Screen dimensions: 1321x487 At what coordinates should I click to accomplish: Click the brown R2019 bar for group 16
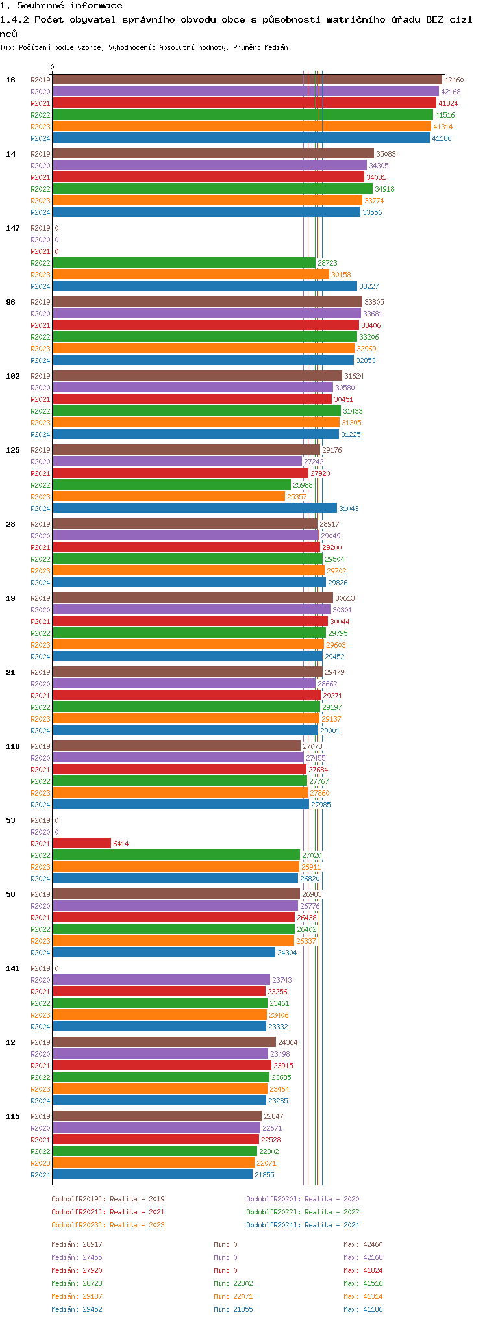[247, 80]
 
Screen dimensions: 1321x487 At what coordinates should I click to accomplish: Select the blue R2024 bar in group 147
[205, 286]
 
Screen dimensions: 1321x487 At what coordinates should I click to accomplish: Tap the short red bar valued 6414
[82, 844]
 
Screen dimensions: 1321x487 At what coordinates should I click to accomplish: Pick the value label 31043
[349, 509]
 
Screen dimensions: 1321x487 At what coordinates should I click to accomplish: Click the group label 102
[13, 376]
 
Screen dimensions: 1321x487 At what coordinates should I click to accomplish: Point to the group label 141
[13, 968]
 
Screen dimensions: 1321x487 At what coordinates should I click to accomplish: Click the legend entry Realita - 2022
[302, 1212]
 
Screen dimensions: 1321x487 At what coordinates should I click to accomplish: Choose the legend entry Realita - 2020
[302, 1199]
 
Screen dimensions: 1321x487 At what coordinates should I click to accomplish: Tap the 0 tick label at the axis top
[53, 67]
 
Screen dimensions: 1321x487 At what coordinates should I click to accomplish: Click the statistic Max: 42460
[363, 1244]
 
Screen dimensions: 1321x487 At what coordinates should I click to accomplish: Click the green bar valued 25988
[171, 485]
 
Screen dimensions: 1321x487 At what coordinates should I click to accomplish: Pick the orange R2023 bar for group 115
[153, 1163]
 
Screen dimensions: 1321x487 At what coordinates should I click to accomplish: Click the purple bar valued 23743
[161, 980]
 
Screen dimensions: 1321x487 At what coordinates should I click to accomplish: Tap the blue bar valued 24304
[164, 953]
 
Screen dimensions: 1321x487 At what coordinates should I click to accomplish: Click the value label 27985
[321, 805]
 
